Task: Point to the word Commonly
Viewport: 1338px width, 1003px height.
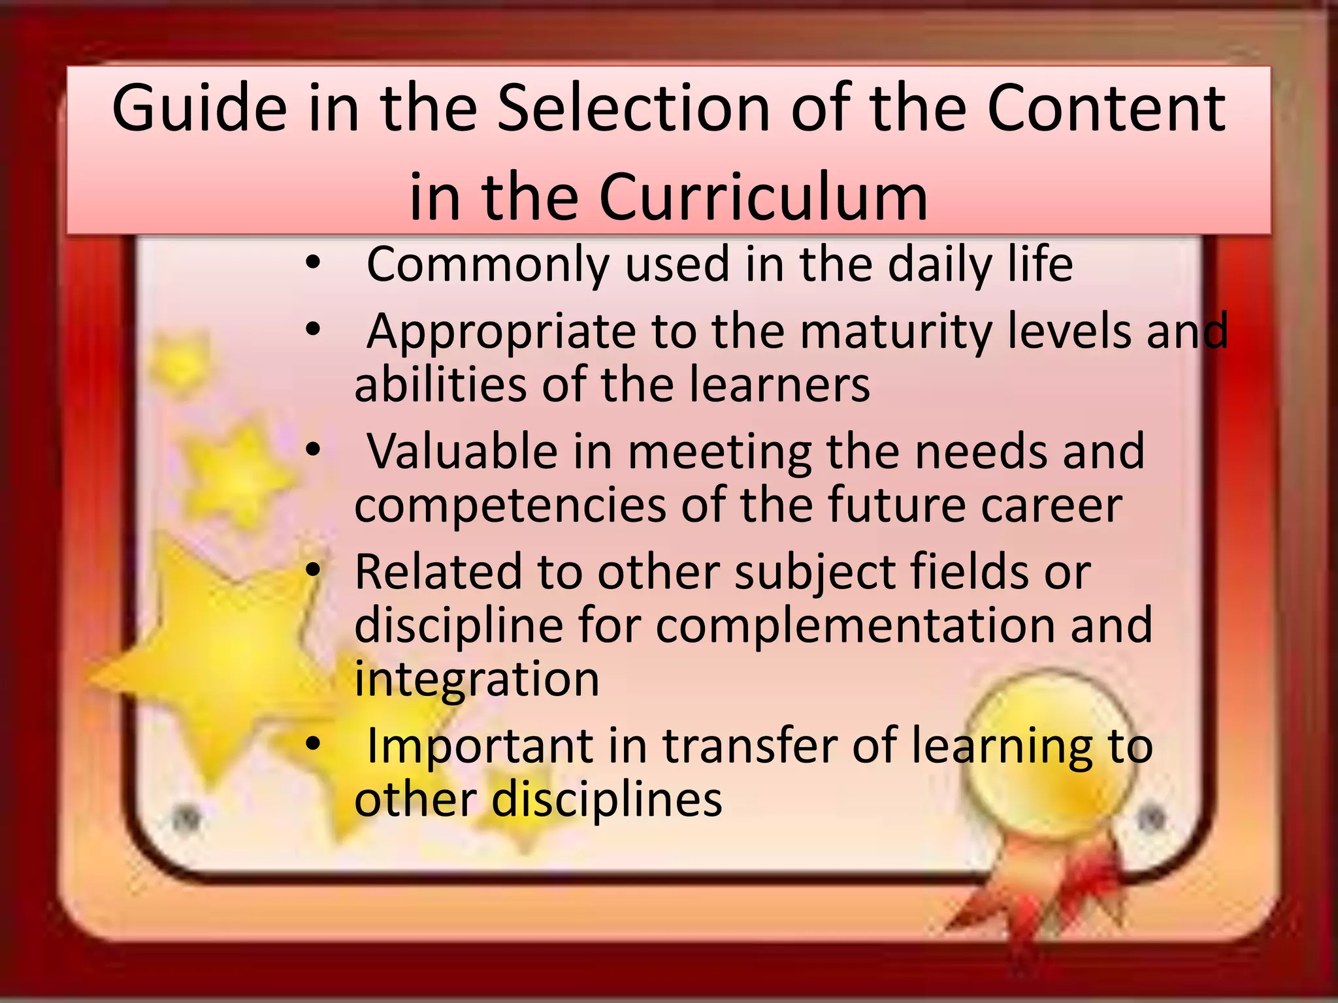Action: click(487, 264)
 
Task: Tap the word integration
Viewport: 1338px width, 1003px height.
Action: click(477, 679)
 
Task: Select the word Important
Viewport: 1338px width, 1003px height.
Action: click(480, 746)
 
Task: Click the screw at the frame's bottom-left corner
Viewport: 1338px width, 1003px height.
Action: click(187, 818)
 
